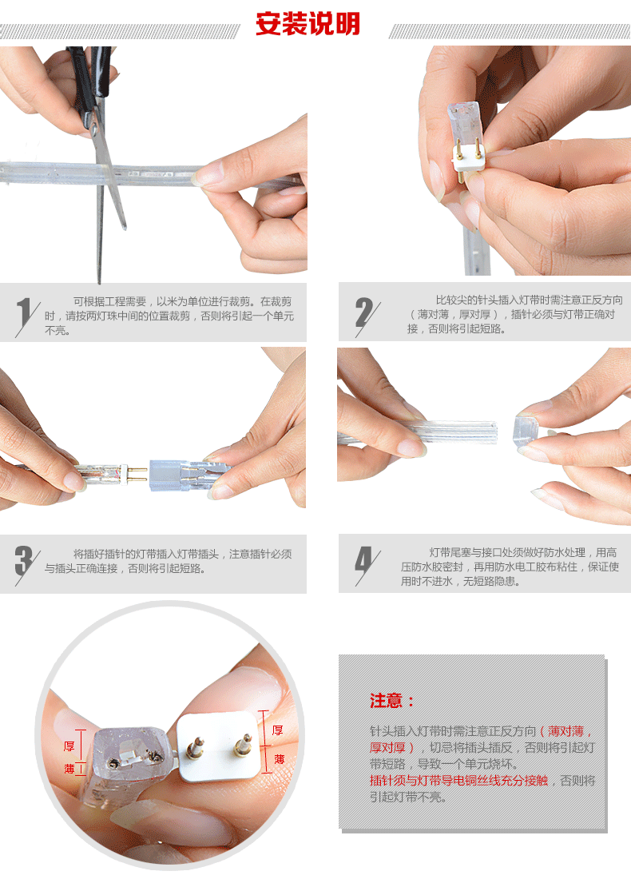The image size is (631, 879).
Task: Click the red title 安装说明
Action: [x=308, y=24]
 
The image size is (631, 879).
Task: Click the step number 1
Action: [x=23, y=314]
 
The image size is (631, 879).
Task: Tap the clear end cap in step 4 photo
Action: [x=526, y=430]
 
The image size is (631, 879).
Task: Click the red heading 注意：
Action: [x=391, y=701]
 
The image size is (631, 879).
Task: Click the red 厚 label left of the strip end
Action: [x=69, y=746]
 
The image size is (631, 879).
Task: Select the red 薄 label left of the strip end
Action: [x=69, y=769]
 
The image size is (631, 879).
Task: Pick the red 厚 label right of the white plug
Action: [x=277, y=730]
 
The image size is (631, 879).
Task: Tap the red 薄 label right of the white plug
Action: [x=279, y=759]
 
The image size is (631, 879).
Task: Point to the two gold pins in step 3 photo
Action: [x=135, y=474]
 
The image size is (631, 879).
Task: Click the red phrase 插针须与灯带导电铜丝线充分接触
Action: [x=458, y=781]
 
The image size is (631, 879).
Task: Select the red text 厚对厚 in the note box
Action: [x=387, y=747]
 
